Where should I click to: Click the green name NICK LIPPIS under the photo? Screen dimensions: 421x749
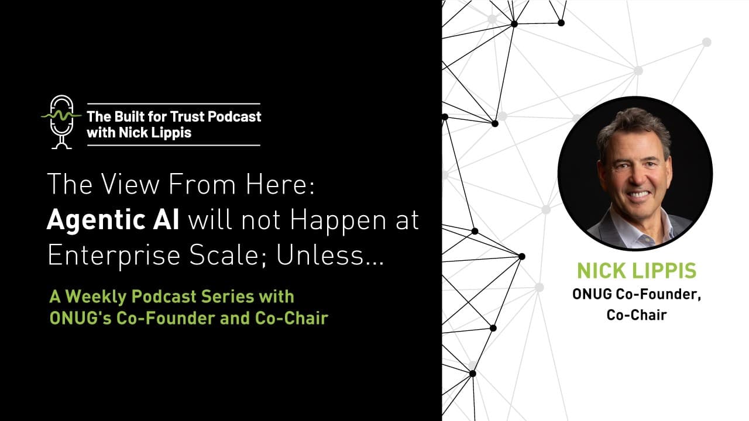click(x=637, y=271)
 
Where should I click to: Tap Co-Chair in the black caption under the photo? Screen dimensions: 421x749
click(x=637, y=315)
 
